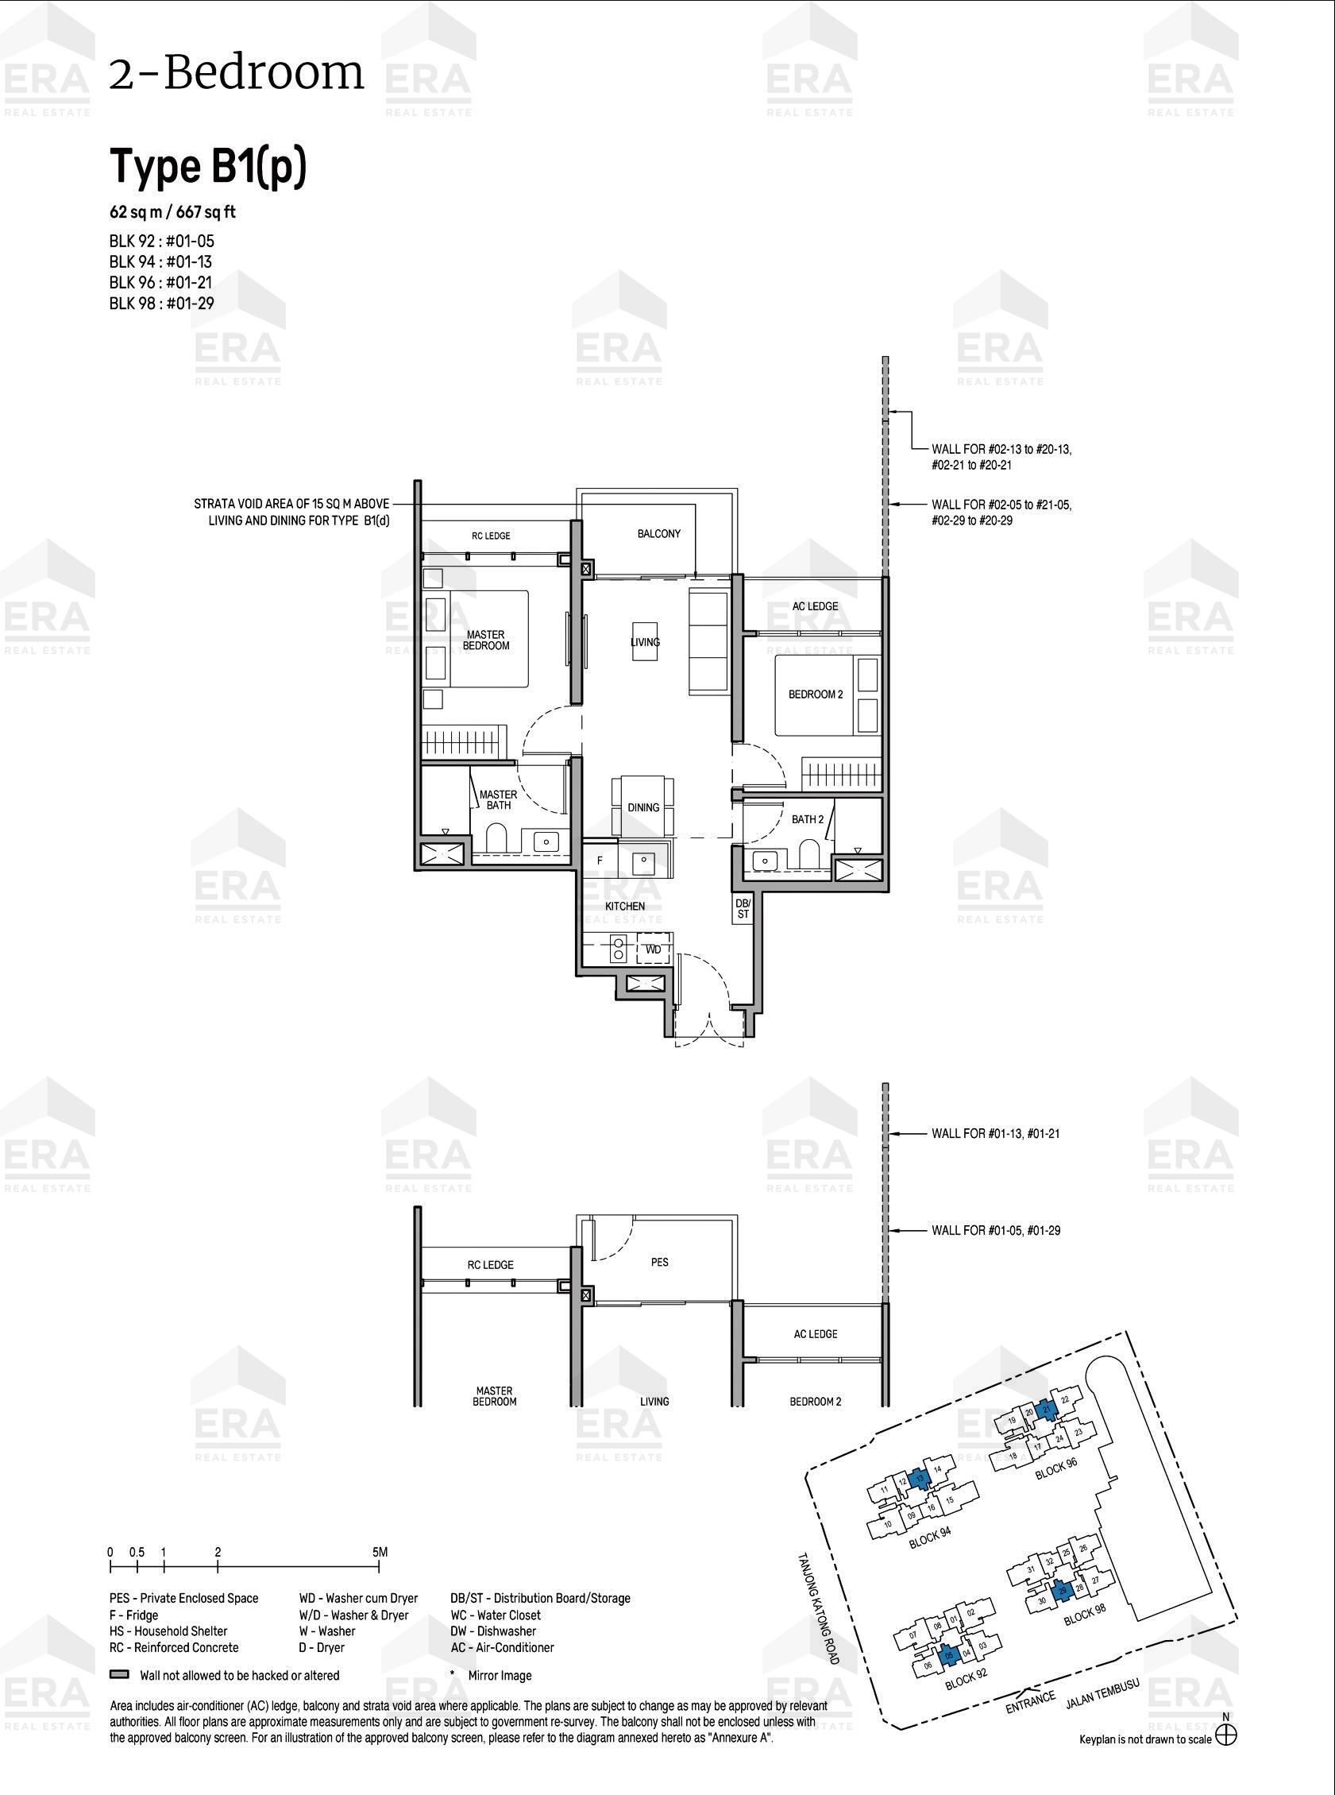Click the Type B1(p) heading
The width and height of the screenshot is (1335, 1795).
pos(208,168)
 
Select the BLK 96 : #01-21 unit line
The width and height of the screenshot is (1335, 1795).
pos(162,282)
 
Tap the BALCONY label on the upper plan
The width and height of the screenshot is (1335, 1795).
pos(658,534)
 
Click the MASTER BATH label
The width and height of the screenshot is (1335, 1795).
pos(498,799)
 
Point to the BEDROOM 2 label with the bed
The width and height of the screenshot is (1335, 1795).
pos(816,694)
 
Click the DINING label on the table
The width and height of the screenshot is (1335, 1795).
pos(643,807)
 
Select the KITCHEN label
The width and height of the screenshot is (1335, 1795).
pos(625,907)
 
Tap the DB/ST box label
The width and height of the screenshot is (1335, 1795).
pos(743,908)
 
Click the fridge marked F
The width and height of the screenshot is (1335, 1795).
pos(600,861)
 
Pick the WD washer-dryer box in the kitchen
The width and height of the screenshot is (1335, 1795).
pos(653,949)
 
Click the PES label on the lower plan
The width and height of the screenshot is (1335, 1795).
pos(659,1261)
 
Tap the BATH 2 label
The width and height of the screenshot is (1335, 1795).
pos(808,819)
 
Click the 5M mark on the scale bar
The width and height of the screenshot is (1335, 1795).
pos(380,1552)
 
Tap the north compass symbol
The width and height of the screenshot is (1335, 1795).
pos(1226,1735)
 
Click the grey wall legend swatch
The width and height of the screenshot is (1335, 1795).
pos(120,1674)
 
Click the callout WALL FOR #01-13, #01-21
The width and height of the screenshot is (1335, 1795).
pos(996,1134)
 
